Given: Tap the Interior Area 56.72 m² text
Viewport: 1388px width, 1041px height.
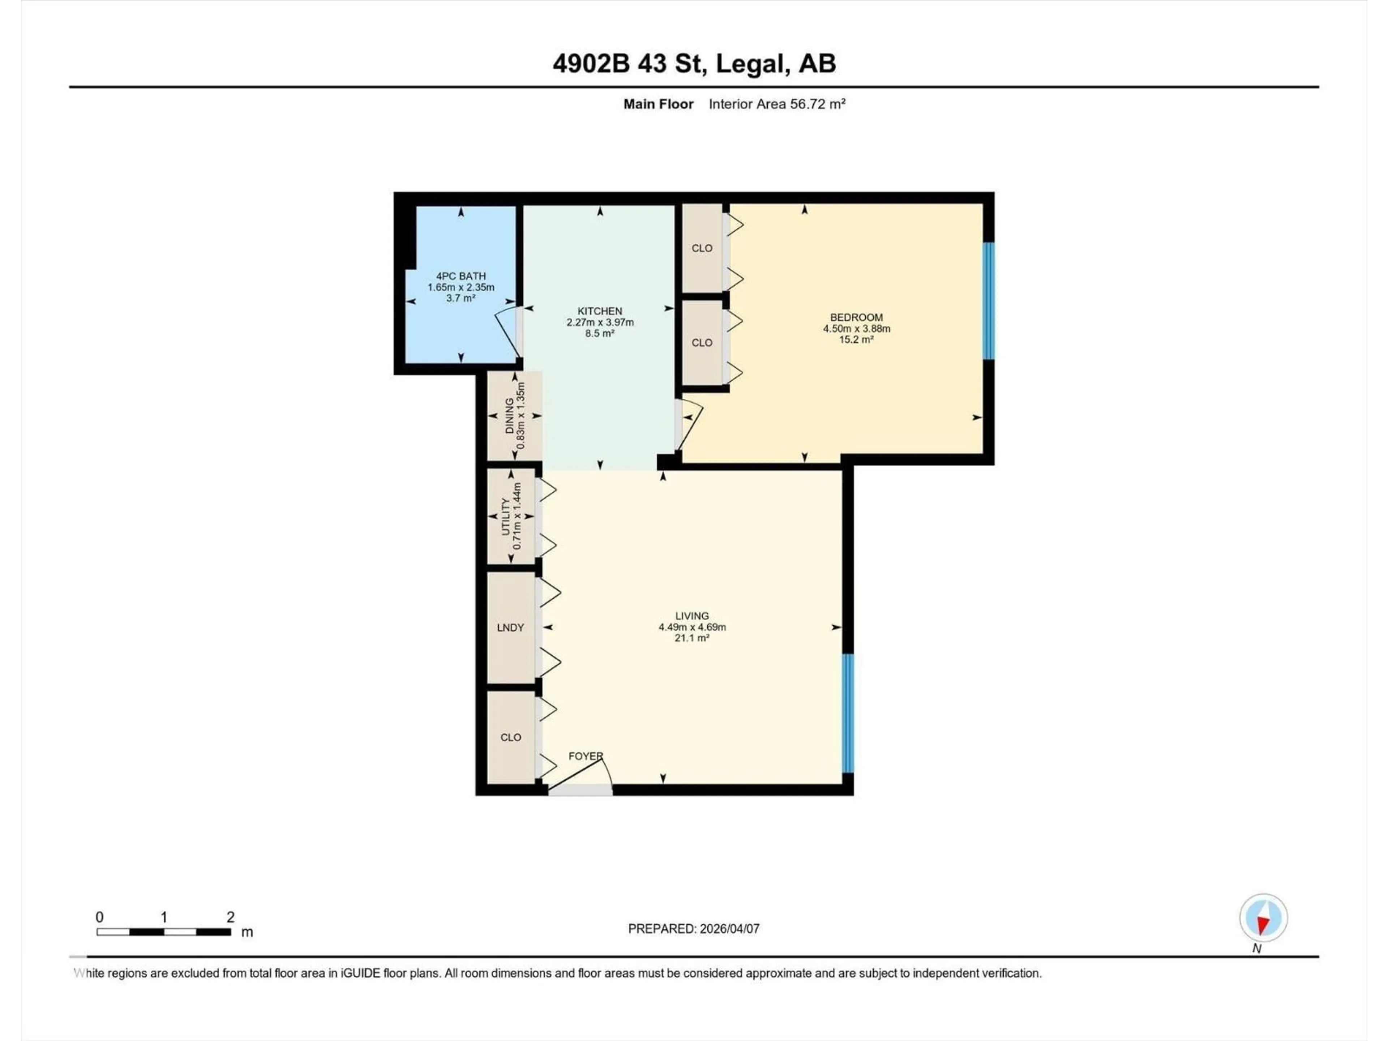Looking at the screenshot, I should [777, 104].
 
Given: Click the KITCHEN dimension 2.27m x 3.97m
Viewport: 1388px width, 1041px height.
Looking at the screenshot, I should [600, 322].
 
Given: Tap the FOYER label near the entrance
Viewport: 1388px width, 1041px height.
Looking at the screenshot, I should [585, 756].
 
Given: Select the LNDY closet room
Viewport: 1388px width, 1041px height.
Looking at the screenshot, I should [510, 627].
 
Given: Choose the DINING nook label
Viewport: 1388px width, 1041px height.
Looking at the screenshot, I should [510, 416].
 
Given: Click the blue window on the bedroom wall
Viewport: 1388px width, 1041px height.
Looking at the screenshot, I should [988, 301].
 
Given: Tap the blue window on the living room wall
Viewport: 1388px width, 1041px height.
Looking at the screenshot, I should [847, 713].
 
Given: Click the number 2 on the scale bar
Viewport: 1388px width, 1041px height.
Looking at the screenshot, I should [230, 917].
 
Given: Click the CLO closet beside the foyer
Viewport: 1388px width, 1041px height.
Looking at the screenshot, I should [510, 737].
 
